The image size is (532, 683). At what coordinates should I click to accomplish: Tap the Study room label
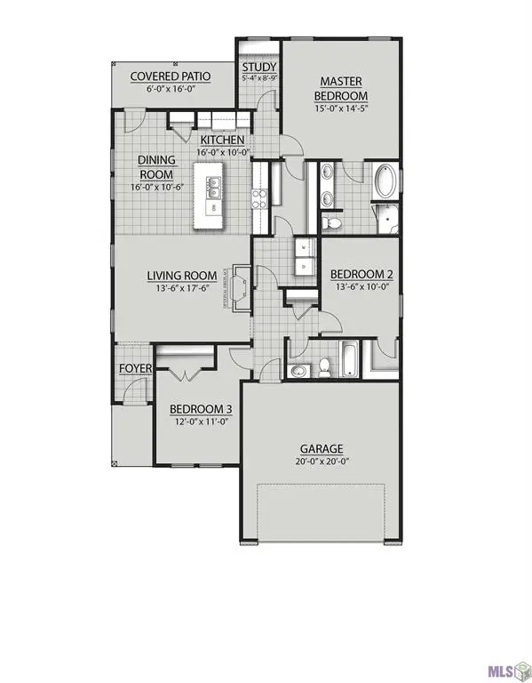(x=259, y=68)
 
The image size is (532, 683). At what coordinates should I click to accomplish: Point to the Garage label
(x=322, y=449)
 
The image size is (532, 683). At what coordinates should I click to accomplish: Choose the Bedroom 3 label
(x=201, y=409)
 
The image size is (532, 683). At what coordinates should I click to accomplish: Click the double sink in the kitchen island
(x=215, y=188)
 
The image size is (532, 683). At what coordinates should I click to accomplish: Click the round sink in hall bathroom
(x=298, y=370)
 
